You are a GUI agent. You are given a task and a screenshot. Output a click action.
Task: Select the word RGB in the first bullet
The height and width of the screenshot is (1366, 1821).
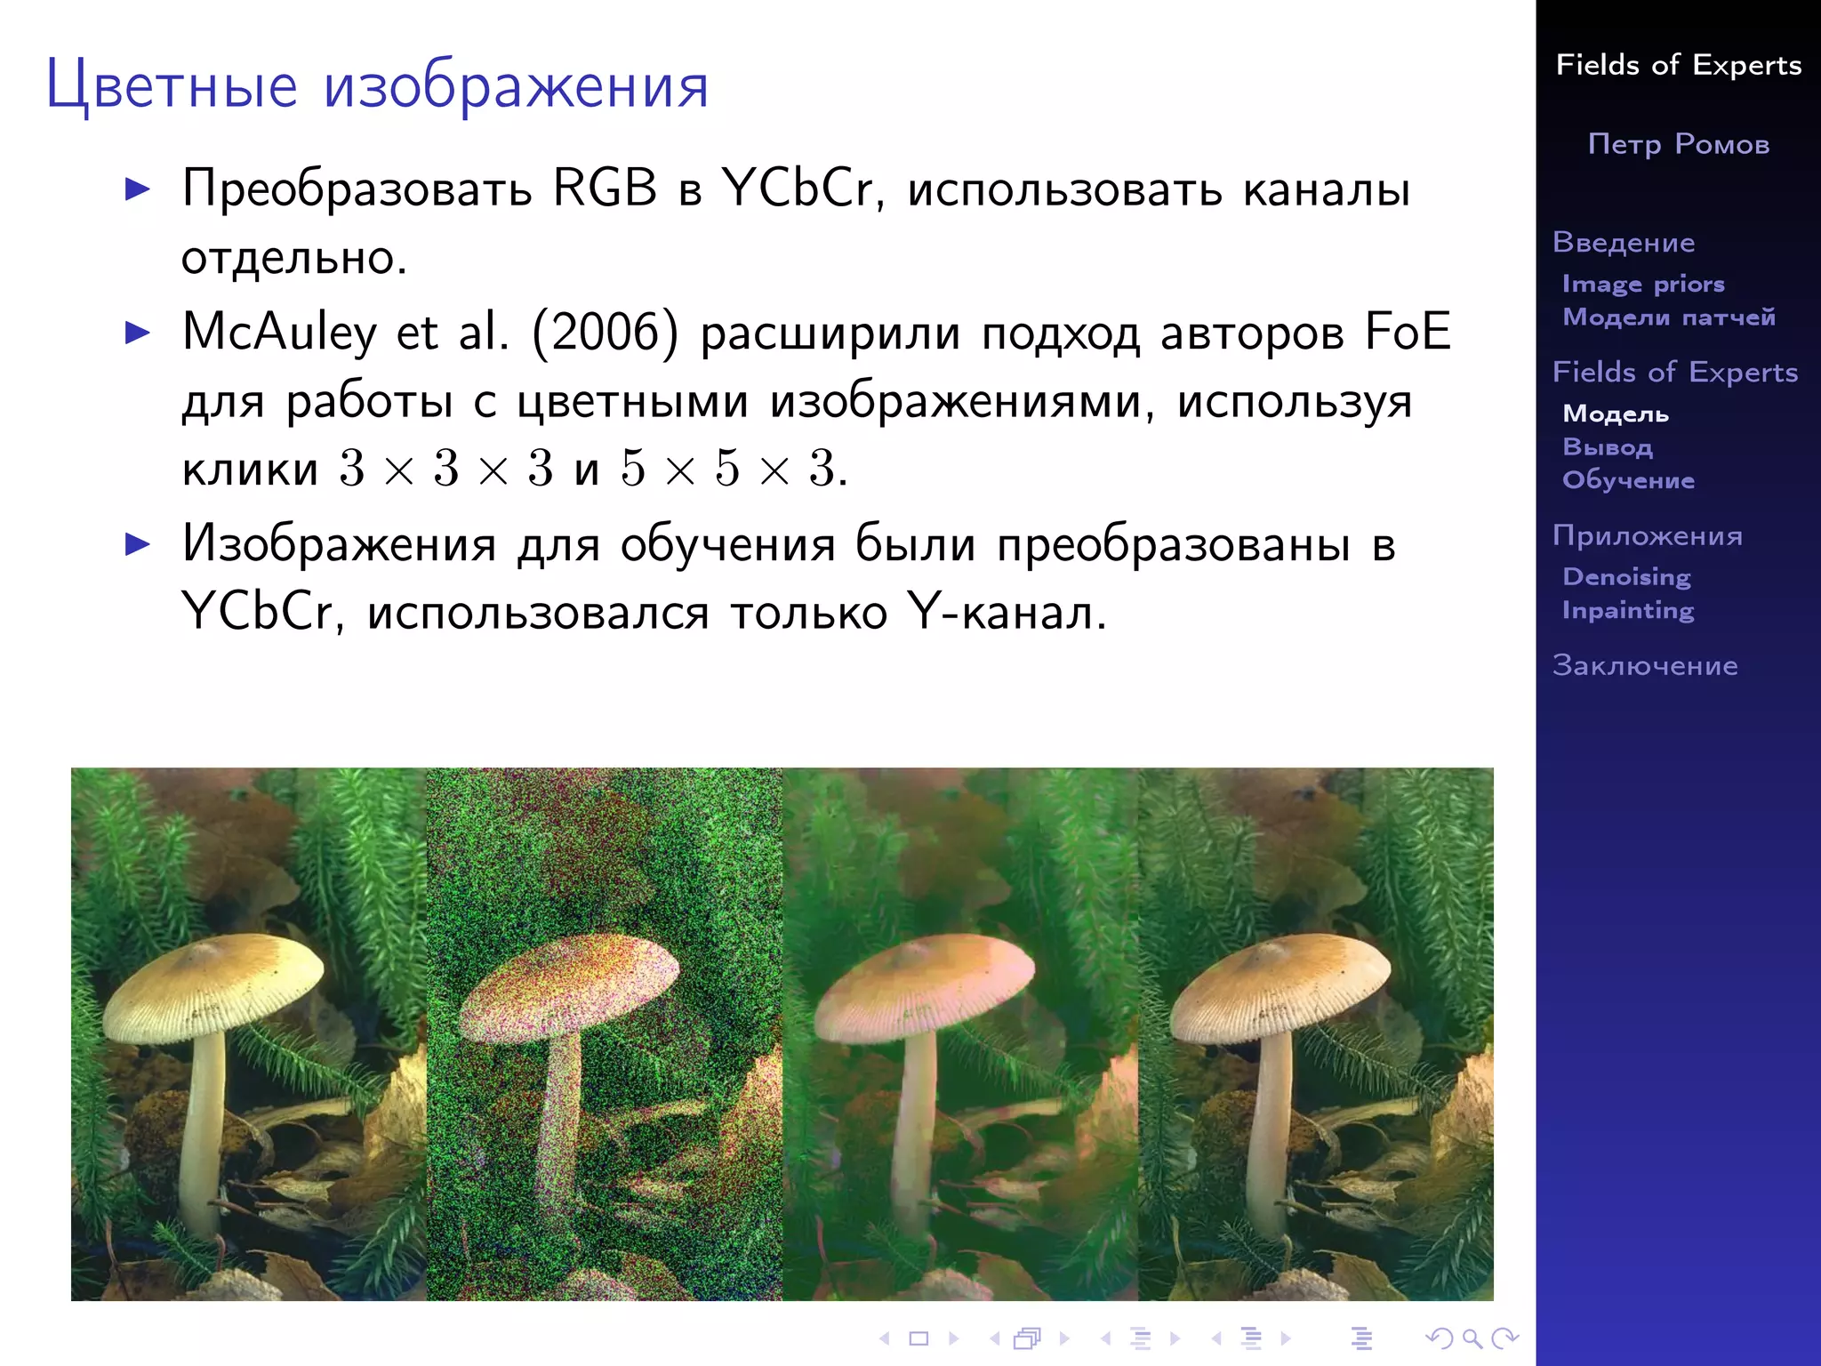[x=605, y=189]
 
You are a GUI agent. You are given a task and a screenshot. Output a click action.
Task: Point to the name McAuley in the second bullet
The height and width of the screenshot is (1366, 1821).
[x=279, y=333]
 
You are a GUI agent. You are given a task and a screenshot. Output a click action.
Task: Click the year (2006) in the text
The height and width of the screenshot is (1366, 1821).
[x=605, y=333]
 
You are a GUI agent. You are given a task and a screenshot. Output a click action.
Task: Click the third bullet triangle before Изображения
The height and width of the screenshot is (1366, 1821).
[x=138, y=543]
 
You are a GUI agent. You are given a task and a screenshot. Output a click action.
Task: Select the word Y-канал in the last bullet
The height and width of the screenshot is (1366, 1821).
[x=1007, y=613]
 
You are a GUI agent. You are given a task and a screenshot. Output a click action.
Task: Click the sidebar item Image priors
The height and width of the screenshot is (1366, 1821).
[x=1643, y=284]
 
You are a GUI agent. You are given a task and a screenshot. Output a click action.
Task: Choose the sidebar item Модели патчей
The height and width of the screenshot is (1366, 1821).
[x=1669, y=317]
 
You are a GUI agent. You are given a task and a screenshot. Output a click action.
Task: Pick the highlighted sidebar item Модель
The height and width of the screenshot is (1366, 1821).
[x=1616, y=414]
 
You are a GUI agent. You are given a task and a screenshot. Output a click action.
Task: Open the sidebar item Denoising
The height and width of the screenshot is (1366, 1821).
[x=1626, y=576]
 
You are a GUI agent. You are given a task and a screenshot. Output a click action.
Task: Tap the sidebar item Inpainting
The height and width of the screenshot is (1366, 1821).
[x=1628, y=610]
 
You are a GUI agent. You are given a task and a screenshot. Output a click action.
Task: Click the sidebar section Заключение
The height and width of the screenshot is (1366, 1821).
[x=1645, y=665]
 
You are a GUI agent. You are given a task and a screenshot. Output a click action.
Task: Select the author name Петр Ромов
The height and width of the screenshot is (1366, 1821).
[x=1678, y=144]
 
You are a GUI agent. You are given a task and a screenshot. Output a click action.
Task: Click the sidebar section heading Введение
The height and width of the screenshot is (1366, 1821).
[x=1624, y=242]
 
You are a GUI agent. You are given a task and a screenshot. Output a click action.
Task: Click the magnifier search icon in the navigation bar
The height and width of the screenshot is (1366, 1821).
[x=1472, y=1338]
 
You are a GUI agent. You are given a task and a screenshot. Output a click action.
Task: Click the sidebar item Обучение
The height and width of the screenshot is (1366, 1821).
[x=1628, y=480]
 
